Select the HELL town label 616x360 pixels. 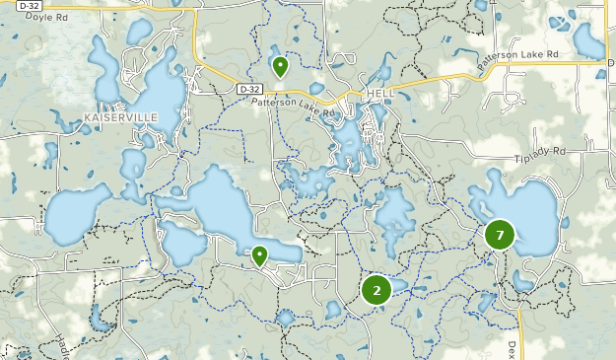click(x=379, y=92)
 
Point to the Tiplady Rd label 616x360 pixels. click(x=540, y=153)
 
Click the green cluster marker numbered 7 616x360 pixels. click(x=500, y=235)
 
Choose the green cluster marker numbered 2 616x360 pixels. click(x=376, y=290)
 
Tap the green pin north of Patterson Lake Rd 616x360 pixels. click(x=280, y=67)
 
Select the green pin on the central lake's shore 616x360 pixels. click(x=259, y=256)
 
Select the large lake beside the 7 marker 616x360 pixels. click(x=537, y=217)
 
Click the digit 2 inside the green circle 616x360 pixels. click(x=376, y=290)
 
